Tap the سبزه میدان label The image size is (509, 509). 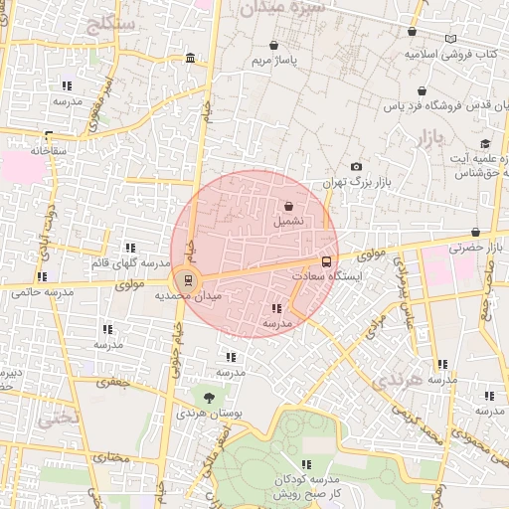[281, 7]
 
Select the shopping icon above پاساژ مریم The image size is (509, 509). [274, 45]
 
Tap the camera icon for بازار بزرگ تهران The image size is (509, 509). [356, 166]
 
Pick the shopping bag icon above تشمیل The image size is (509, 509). [288, 206]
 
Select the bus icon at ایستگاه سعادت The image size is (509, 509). [326, 262]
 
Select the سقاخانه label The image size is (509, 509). [47, 151]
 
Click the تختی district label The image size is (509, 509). [56, 419]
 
